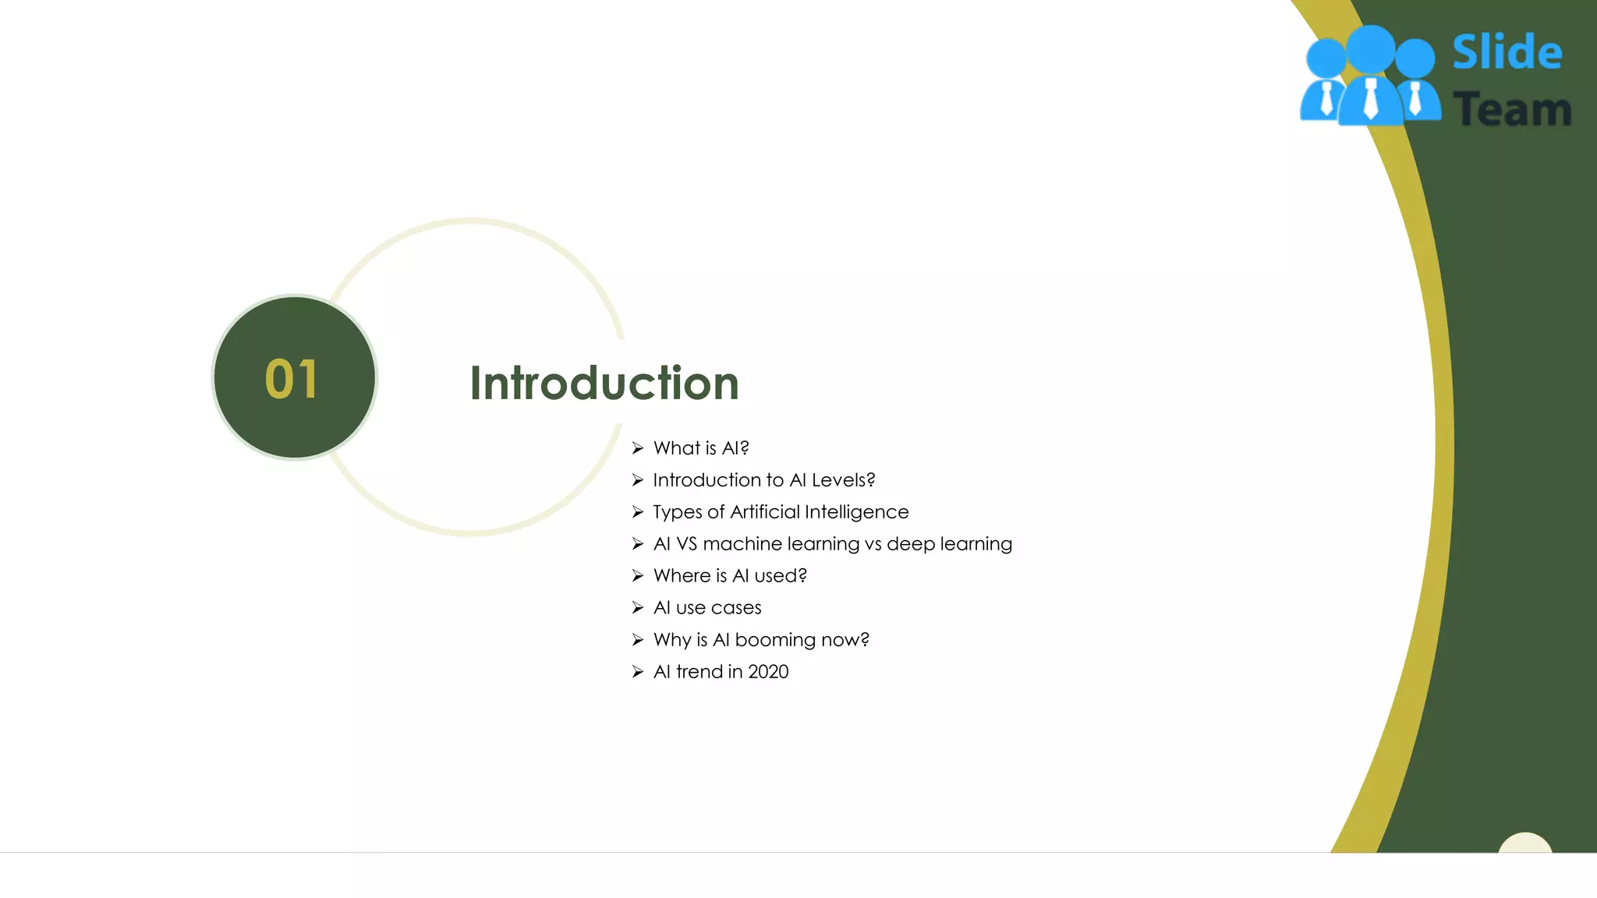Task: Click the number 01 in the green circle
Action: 292,380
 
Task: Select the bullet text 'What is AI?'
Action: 700,448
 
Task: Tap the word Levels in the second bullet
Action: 843,480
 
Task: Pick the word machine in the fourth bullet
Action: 742,544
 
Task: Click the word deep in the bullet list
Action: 910,544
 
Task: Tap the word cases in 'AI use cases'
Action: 735,608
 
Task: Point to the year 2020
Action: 768,672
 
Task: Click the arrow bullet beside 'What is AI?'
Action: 638,448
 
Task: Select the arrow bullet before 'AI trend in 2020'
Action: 638,672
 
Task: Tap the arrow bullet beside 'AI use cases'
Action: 638,608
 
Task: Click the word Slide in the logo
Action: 1507,53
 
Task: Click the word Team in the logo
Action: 1511,109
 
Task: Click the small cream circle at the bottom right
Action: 1525,843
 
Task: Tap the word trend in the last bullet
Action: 699,672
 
